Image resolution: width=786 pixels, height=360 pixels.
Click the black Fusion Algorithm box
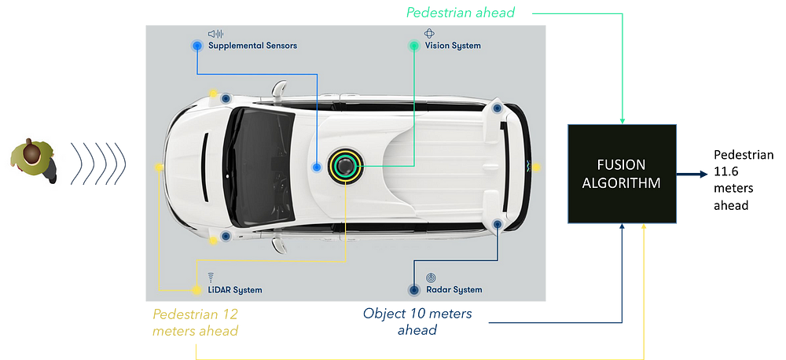coord(622,174)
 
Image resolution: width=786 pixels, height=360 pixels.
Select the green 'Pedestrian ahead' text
coord(461,13)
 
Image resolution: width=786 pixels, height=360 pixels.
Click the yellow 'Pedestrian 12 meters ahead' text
coord(196,323)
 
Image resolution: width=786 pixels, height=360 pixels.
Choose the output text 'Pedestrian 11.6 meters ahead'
coord(744,180)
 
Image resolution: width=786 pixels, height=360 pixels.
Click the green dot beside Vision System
coord(414,46)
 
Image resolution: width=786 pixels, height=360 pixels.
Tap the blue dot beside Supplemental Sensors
coord(197,46)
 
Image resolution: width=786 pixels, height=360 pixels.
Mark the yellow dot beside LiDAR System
coord(196,289)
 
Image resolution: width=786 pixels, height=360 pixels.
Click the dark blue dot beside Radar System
coord(413,289)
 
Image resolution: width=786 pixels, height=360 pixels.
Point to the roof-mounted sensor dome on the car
coord(344,166)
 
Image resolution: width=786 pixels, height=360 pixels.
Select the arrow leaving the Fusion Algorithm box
coord(694,174)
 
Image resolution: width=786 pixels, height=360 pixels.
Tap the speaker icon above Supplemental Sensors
coord(215,34)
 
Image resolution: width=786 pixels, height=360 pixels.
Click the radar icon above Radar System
coord(430,277)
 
